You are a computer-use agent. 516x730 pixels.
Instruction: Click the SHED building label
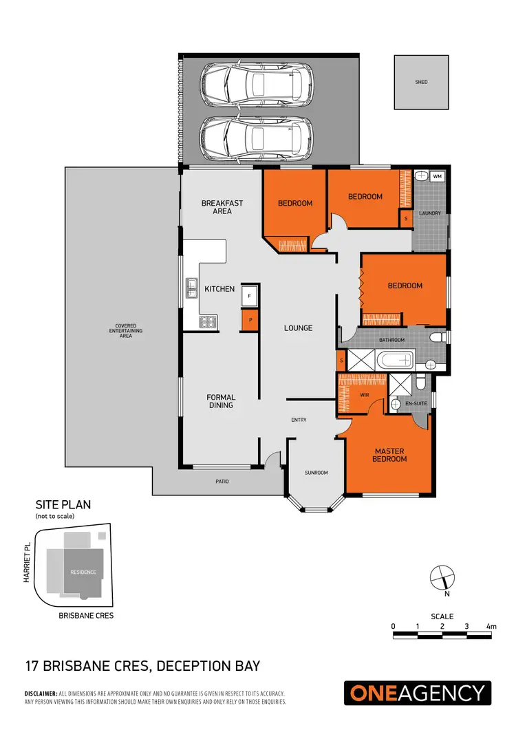pyautogui.click(x=421, y=82)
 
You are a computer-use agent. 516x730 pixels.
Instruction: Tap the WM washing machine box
pyautogui.click(x=438, y=177)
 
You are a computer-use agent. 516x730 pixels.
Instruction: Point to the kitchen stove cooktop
pyautogui.click(x=208, y=321)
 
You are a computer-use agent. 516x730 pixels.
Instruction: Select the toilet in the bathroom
pyautogui.click(x=438, y=337)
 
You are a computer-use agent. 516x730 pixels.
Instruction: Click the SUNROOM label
pyautogui.click(x=316, y=473)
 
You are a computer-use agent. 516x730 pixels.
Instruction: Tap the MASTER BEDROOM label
pyautogui.click(x=389, y=455)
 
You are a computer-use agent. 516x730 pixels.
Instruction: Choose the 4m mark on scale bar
pyautogui.click(x=491, y=626)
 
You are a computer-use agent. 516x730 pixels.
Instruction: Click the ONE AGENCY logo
pyautogui.click(x=418, y=693)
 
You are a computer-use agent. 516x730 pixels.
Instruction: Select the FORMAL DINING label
pyautogui.click(x=221, y=401)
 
